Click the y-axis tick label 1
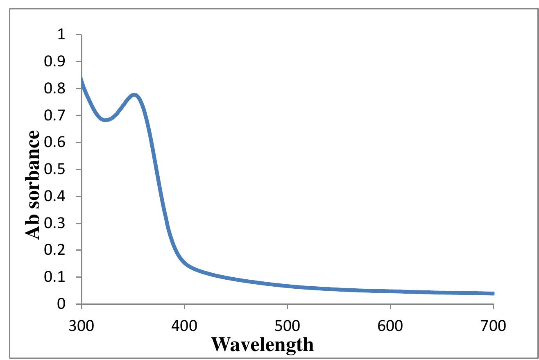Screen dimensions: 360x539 pyautogui.click(x=61, y=35)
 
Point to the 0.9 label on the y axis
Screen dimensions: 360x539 pyautogui.click(x=56, y=62)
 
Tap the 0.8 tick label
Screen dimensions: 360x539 pyautogui.click(x=56, y=89)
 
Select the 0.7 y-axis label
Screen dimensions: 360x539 pyautogui.click(x=56, y=116)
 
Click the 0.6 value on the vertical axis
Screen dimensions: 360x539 pyautogui.click(x=56, y=143)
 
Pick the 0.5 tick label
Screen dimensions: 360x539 pyautogui.click(x=56, y=170)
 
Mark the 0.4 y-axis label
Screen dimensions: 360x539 pyautogui.click(x=56, y=197)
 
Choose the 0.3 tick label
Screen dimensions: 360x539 pyautogui.click(x=56, y=224)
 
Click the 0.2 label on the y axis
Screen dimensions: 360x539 pyautogui.click(x=56, y=251)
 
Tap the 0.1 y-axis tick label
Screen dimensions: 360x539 pyautogui.click(x=56, y=278)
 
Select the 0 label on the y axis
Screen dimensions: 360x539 pyautogui.click(x=61, y=304)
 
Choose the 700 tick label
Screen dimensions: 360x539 pyautogui.click(x=493, y=326)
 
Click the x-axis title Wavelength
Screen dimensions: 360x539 pyautogui.click(x=262, y=344)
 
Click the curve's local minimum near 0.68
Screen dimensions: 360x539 pyautogui.click(x=106, y=120)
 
